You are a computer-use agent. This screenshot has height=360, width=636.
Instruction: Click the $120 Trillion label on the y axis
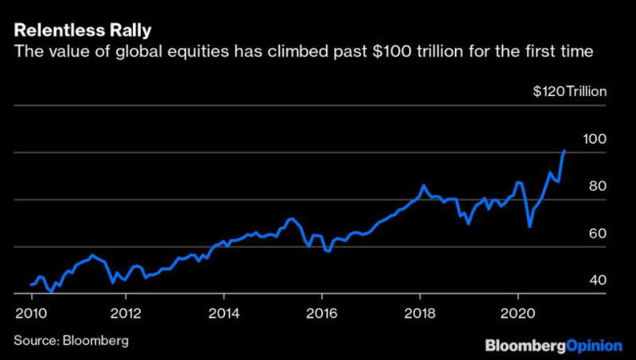[570, 91]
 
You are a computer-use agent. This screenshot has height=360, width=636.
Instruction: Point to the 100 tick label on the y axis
[595, 138]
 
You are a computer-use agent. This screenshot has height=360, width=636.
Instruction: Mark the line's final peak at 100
[564, 150]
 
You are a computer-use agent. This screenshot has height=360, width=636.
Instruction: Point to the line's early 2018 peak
[424, 185]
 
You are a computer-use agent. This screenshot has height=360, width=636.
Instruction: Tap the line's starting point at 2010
[32, 284]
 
